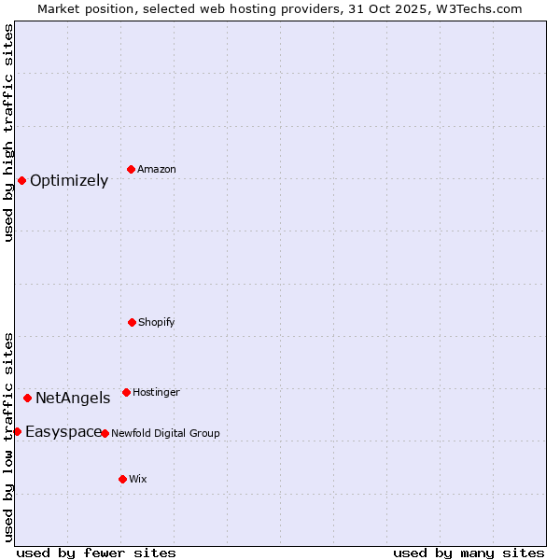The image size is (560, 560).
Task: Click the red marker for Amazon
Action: tap(131, 169)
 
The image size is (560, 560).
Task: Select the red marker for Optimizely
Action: tap(21, 180)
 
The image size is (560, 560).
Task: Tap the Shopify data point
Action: tap(132, 322)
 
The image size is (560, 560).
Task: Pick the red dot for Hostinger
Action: tap(126, 392)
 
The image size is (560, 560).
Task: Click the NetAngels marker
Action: tap(27, 398)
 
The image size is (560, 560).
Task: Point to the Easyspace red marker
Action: tap(17, 431)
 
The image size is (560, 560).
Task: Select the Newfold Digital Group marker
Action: tap(105, 433)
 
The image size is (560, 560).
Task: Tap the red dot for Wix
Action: tap(122, 479)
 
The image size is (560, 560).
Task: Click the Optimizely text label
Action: tap(69, 181)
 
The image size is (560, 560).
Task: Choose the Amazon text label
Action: tap(157, 170)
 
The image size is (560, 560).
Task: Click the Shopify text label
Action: tap(157, 323)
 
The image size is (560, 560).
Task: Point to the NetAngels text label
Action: tap(73, 399)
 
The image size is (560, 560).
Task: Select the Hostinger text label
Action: tap(156, 393)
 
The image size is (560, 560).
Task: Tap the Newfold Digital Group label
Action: tap(165, 434)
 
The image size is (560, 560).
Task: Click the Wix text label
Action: tap(138, 480)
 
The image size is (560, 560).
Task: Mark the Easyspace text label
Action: tap(63, 432)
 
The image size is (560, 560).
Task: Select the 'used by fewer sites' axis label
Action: tap(96, 553)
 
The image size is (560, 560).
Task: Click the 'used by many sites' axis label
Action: tap(469, 553)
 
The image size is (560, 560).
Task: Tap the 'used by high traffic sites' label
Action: tap(8, 133)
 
